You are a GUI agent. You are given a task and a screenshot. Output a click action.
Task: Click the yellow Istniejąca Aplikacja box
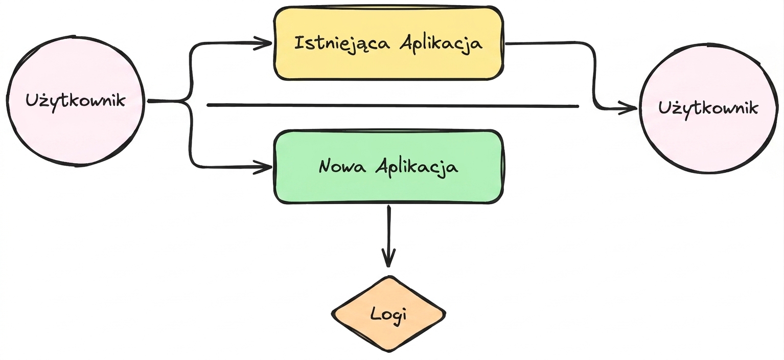(388, 43)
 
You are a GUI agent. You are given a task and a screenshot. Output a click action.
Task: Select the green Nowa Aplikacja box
(388, 167)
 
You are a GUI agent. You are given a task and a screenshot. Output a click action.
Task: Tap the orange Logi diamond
(388, 314)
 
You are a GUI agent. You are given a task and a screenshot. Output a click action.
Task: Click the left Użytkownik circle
(75, 101)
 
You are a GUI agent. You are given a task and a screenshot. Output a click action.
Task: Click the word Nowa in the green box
(342, 166)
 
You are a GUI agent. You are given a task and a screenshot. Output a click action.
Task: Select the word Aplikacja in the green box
(417, 167)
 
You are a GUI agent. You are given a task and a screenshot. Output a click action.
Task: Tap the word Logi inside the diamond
(388, 314)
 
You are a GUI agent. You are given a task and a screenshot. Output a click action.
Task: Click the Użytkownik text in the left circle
(75, 101)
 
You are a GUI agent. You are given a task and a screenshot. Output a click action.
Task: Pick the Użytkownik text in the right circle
(708, 108)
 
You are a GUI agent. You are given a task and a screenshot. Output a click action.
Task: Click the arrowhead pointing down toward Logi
(388, 258)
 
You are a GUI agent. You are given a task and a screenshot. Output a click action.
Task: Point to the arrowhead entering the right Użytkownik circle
(629, 108)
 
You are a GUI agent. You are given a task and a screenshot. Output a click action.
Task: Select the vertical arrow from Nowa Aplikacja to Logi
(388, 236)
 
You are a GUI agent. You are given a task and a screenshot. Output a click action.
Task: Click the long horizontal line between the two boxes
(393, 105)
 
